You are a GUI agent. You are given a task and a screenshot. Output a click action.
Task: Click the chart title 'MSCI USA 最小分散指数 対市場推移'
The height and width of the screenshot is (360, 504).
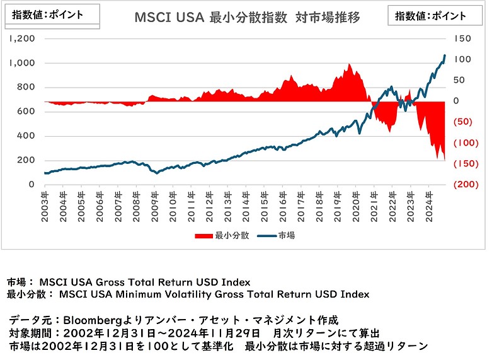(x=247, y=18)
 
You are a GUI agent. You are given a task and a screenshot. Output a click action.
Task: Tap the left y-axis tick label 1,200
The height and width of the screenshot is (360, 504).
(x=22, y=38)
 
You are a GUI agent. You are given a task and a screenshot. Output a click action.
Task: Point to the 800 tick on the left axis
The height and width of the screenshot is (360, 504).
(x=27, y=87)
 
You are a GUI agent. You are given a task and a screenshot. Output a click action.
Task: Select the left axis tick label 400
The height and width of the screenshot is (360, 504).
(x=27, y=136)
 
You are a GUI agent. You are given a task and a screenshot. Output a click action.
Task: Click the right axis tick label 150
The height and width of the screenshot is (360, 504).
(x=463, y=38)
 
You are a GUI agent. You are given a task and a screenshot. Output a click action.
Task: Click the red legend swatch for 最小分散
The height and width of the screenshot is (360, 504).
(x=204, y=236)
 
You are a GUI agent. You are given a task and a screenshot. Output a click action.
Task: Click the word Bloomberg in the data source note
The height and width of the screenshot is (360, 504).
(x=92, y=319)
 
